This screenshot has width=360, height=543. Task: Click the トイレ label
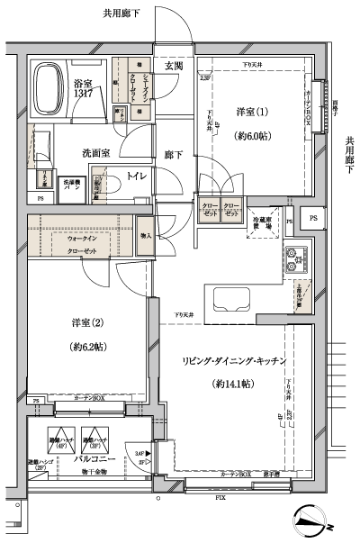coord(138,176)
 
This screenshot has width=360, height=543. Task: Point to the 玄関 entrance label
coord(175,67)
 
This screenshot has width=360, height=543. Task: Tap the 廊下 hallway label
coord(175,155)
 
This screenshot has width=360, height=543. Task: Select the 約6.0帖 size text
coord(254,136)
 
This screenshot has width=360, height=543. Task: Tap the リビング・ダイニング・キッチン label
coord(234,360)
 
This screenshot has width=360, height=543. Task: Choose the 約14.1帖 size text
coord(234,383)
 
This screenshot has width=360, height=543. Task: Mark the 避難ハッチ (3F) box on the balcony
coord(93,440)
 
